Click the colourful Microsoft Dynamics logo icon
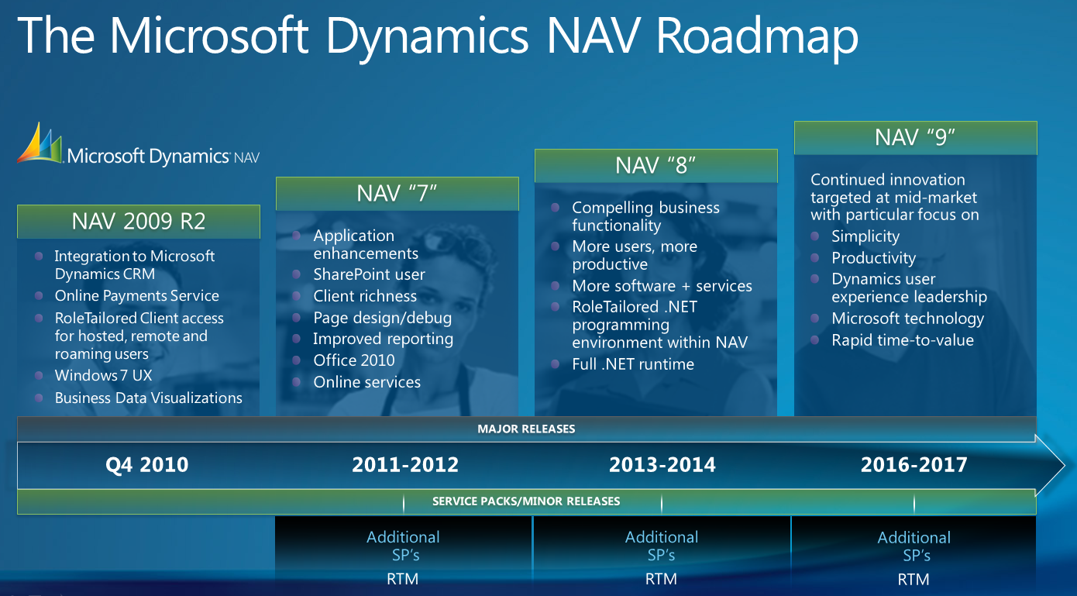point(40,143)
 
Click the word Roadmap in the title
point(757,37)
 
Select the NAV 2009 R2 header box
point(139,222)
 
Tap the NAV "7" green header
point(397,194)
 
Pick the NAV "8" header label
point(655,166)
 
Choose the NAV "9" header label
point(915,138)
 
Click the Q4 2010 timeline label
point(146,465)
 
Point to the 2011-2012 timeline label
point(405,465)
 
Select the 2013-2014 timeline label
point(662,465)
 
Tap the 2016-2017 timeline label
point(914,465)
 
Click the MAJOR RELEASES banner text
point(526,429)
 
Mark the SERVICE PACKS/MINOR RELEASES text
point(526,501)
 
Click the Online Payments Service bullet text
point(136,295)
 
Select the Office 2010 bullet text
point(354,360)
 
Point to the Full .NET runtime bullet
point(633,364)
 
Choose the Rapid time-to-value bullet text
point(903,340)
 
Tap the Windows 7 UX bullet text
point(103,375)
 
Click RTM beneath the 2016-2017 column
point(913,579)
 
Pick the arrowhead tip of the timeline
point(1065,465)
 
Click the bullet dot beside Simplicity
point(814,236)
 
